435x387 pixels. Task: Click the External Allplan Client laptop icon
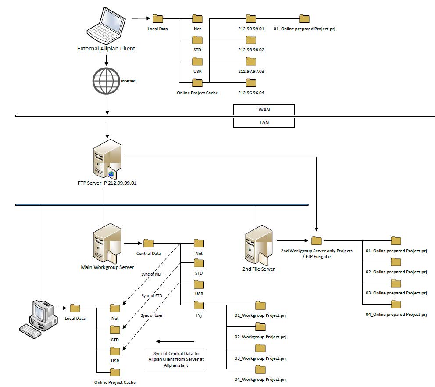pos(106,25)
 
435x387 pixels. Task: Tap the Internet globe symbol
pos(106,81)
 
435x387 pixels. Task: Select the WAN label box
pos(264,110)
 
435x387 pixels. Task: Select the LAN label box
pos(264,122)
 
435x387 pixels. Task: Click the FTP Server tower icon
pos(107,159)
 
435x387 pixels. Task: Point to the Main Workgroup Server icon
pos(107,243)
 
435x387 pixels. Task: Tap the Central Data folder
pos(148,243)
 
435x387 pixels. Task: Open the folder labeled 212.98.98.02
pos(251,40)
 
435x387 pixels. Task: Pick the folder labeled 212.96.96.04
pos(251,83)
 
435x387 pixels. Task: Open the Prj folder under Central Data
pos(199,305)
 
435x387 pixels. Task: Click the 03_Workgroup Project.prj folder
pos(260,348)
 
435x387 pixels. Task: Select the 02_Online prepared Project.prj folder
pos(396,262)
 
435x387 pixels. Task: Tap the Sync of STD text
pos(152,296)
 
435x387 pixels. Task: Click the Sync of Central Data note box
pos(176,359)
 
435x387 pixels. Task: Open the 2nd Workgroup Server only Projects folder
pos(317,240)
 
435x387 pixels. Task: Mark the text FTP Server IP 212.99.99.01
pos(107,183)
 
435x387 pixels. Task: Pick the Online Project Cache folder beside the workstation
pos(115,372)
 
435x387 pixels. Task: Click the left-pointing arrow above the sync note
pos(175,341)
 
